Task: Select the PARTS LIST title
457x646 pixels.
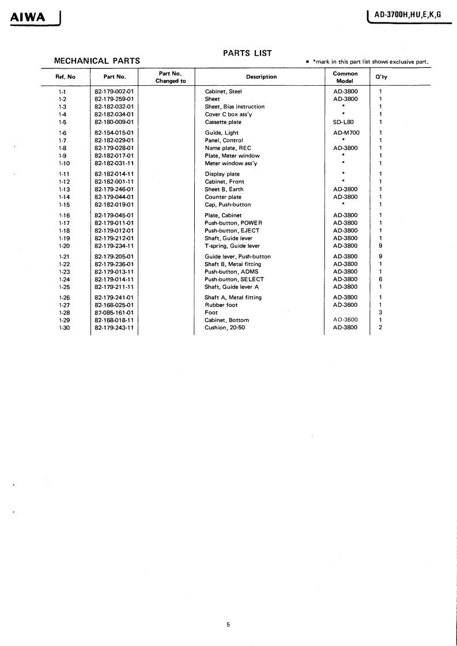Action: coord(247,53)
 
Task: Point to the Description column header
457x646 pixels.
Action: coord(261,77)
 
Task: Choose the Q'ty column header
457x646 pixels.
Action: coord(381,77)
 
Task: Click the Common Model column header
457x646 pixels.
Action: coord(345,77)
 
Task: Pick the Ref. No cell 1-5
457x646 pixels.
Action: coord(63,122)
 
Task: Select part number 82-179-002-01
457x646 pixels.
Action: coord(114,92)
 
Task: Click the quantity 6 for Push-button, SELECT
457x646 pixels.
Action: coord(380,279)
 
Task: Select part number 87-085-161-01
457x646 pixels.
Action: coord(114,313)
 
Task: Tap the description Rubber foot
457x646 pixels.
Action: coord(221,305)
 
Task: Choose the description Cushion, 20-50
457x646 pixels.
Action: coord(227,328)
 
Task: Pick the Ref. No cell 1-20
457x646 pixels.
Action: coord(64,246)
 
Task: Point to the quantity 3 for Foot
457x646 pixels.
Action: coord(380,313)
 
